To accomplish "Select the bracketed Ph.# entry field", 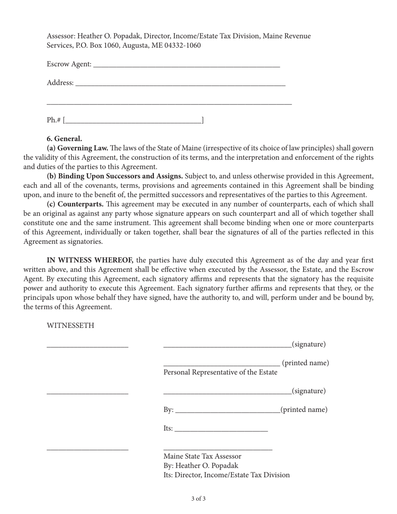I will tap(133, 121).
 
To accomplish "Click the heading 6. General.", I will tap(64, 139).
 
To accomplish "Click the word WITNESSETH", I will tap(70, 326).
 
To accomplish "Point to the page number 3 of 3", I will tap(198, 499).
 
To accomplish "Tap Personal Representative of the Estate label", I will tap(220, 372).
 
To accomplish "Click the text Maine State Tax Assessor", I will tap(202, 456).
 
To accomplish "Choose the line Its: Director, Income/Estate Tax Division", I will tap(226, 475).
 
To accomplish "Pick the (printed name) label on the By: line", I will tap(303, 410).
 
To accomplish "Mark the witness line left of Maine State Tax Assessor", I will tap(87, 449).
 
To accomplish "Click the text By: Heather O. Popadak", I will tap(201, 466).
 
